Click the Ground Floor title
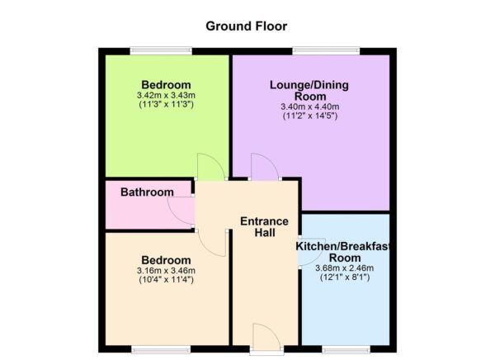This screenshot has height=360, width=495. pos(247,26)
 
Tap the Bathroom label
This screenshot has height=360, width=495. pos(147,192)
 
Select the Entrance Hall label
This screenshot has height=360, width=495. pos(264,227)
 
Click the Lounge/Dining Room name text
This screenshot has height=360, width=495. pos(309,90)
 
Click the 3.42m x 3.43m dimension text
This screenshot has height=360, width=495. pos(166,96)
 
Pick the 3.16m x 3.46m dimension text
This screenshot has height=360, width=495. pos(166,271)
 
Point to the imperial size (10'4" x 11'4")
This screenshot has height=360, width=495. pos(166,280)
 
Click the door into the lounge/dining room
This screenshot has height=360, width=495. pos(264,166)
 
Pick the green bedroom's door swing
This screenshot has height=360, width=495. pos(210,167)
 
